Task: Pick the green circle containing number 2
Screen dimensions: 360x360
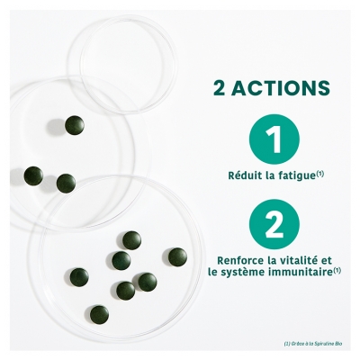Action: tap(270, 223)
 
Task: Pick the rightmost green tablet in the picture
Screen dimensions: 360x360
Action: tap(177, 256)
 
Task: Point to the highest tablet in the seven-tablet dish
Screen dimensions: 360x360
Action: tap(132, 239)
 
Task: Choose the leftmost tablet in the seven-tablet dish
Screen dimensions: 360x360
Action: tap(80, 277)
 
